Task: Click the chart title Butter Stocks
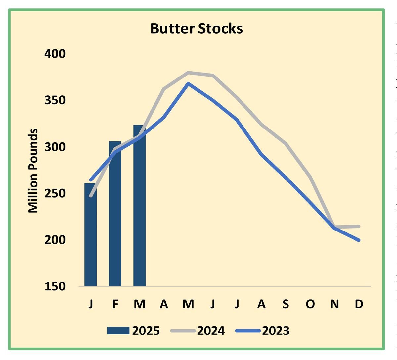coord(197,29)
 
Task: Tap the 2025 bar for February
coord(115,214)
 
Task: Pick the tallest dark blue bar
coord(139,205)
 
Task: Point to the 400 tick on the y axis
coord(55,54)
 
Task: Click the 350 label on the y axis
coord(55,100)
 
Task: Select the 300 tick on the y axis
coord(55,147)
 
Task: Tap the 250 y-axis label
coord(55,193)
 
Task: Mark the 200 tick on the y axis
coord(55,240)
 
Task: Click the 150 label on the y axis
coord(55,286)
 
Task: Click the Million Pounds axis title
coord(33,171)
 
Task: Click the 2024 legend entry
coord(198,331)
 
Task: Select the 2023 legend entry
coord(263,331)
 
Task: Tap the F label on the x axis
coord(115,304)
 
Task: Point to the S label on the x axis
coord(286,304)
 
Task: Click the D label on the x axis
coord(359,304)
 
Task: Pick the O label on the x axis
coord(310,304)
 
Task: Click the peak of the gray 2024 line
coord(188,72)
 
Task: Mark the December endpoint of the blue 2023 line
coord(359,240)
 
